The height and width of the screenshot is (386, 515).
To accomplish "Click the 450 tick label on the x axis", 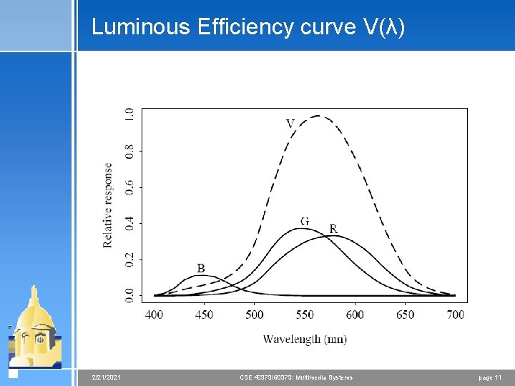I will tap(204, 315).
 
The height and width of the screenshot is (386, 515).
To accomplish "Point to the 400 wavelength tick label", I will tap(154, 315).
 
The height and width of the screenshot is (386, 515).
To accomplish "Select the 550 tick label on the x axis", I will tap(305, 315).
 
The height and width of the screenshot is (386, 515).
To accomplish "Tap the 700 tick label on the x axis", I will tap(455, 315).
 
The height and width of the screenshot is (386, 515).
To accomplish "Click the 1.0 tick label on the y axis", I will tap(129, 114).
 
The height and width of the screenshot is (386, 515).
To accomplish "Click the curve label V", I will tap(290, 123).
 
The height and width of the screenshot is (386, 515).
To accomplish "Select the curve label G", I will tap(305, 221).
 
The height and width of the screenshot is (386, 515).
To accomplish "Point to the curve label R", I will tap(333, 229).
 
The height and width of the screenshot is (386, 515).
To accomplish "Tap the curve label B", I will tap(201, 268).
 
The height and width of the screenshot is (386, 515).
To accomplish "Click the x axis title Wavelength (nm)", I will tap(305, 339).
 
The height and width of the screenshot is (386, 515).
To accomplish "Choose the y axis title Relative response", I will tap(108, 205).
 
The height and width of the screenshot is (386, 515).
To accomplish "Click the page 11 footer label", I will tap(490, 377).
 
